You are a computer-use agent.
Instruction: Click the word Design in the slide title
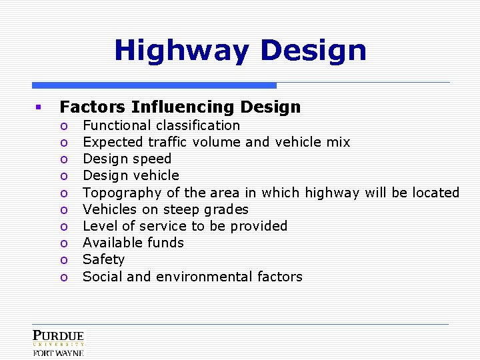pos(313,51)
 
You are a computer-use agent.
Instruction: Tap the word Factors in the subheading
pos(93,107)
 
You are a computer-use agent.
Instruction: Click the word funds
pos(167,243)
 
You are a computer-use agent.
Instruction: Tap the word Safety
pos(103,260)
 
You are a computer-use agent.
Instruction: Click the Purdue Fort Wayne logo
pos(59,343)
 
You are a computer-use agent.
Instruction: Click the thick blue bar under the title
pos(154,85)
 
